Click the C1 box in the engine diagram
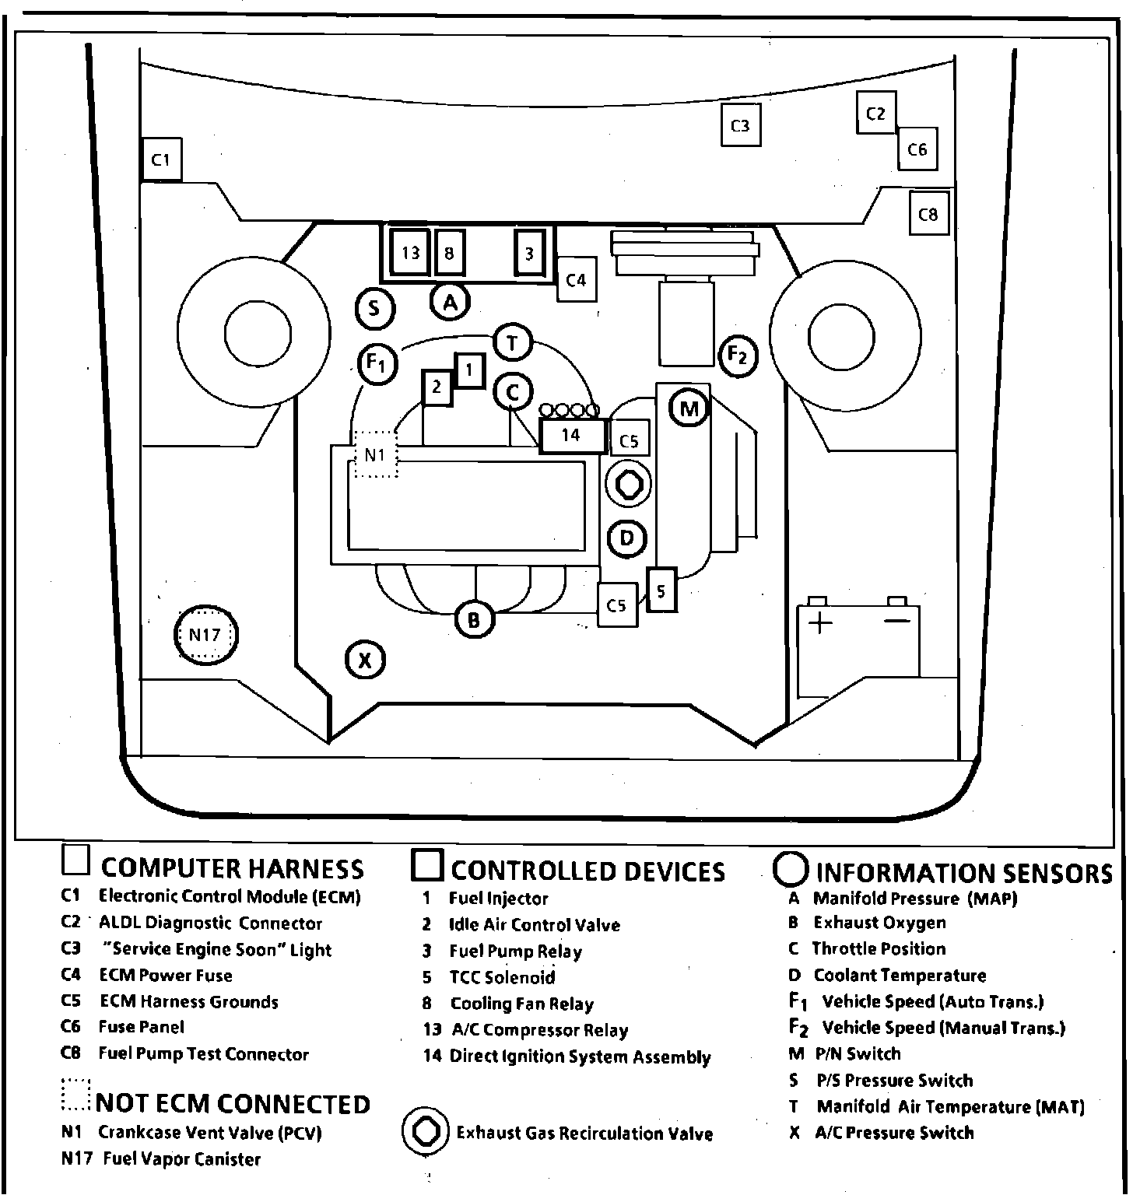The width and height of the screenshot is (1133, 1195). (161, 159)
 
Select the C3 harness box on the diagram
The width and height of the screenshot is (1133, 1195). (739, 125)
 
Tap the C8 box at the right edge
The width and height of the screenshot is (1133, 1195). (928, 214)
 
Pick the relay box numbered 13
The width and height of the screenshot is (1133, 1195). (410, 252)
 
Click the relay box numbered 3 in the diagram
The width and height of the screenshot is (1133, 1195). (529, 253)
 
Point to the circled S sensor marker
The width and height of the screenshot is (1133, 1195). (374, 309)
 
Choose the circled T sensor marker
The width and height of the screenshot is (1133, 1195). (512, 343)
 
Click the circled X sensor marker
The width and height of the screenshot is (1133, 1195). (365, 661)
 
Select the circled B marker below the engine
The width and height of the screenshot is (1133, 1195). (474, 620)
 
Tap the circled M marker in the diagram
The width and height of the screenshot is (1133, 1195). (689, 408)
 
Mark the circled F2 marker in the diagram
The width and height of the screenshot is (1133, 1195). (737, 356)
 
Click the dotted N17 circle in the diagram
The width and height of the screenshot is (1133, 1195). (205, 635)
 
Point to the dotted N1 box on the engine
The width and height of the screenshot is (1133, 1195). (375, 454)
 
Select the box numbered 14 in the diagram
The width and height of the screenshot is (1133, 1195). (572, 436)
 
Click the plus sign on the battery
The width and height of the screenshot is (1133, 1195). (821, 622)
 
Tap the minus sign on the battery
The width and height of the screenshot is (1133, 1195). (897, 621)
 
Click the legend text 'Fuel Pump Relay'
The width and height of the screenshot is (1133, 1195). (515, 951)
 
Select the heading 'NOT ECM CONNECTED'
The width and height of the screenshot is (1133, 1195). (233, 1104)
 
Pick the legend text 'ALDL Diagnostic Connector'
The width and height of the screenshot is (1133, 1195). (210, 923)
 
